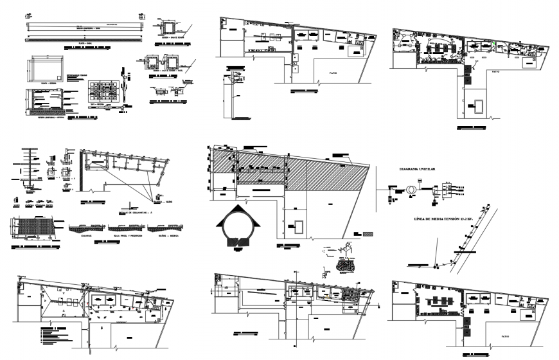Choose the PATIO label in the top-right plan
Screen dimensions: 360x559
pyautogui.click(x=495, y=72)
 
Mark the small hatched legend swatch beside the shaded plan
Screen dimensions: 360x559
pyautogui.click(x=367, y=233)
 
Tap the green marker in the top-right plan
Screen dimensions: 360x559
pyautogui.click(x=494, y=44)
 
